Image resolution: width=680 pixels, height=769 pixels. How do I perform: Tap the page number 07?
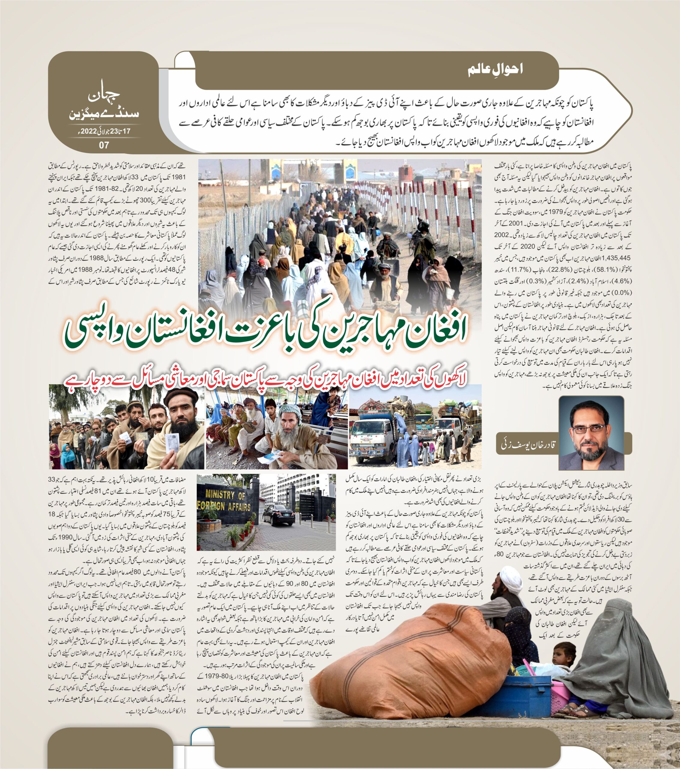coord(104,145)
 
